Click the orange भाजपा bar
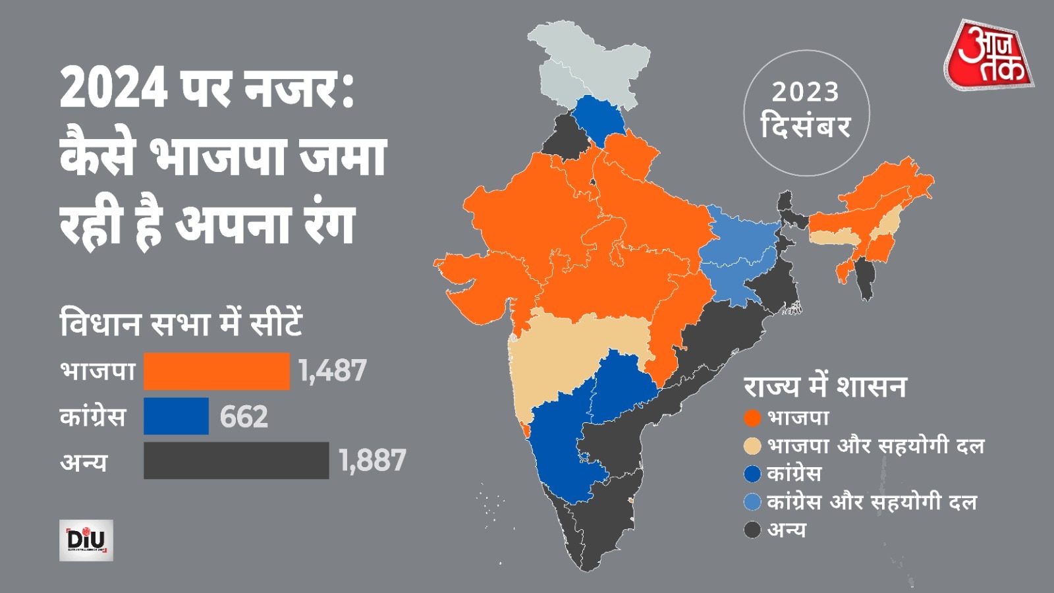[x=216, y=371]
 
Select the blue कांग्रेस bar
[x=176, y=416]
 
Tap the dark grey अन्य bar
[x=236, y=461]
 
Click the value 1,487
[x=333, y=371]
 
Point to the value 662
[x=244, y=416]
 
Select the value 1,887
[x=372, y=461]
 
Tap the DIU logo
[x=86, y=540]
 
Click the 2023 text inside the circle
[x=806, y=92]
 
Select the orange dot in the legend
[x=752, y=418]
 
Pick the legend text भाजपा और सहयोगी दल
[x=876, y=446]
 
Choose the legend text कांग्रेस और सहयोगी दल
[x=872, y=502]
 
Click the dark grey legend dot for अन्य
[x=752, y=530]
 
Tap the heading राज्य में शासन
[x=825, y=387]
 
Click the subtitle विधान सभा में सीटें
[x=181, y=324]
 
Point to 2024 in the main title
[x=113, y=89]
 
